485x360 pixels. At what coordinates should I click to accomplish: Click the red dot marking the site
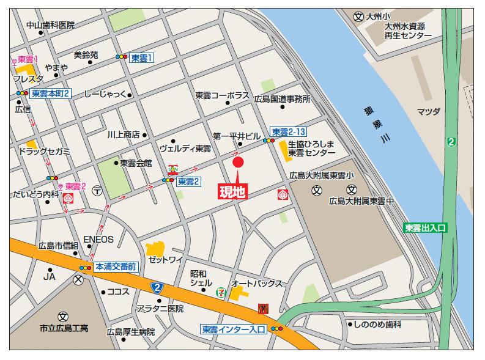pos(238,163)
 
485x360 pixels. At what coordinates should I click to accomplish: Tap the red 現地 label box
pos(233,192)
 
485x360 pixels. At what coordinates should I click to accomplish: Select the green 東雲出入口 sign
pos(426,227)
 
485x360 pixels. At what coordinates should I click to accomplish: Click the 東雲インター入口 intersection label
pos(234,329)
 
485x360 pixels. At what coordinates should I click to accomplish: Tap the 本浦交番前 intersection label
pos(116,267)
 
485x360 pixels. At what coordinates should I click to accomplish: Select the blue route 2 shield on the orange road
pos(157,287)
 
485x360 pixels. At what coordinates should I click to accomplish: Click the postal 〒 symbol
pos(97,191)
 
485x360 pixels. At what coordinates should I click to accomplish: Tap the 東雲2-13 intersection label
pos(289,132)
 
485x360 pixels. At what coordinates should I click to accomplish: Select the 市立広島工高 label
pos(64,328)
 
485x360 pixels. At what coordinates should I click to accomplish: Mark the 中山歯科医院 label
pos(50,25)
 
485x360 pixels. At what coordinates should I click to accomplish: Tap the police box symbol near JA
pos(78,279)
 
